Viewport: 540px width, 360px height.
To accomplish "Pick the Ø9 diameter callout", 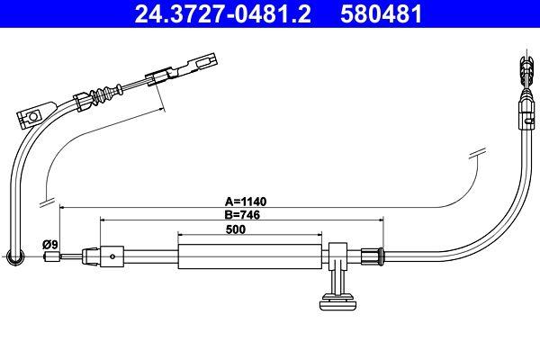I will tap(49, 244).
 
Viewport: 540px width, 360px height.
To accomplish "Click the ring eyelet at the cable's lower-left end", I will tap(14, 260).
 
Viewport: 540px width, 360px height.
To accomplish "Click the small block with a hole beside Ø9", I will tap(111, 256).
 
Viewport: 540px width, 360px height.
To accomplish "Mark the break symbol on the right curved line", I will tap(477, 155).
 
